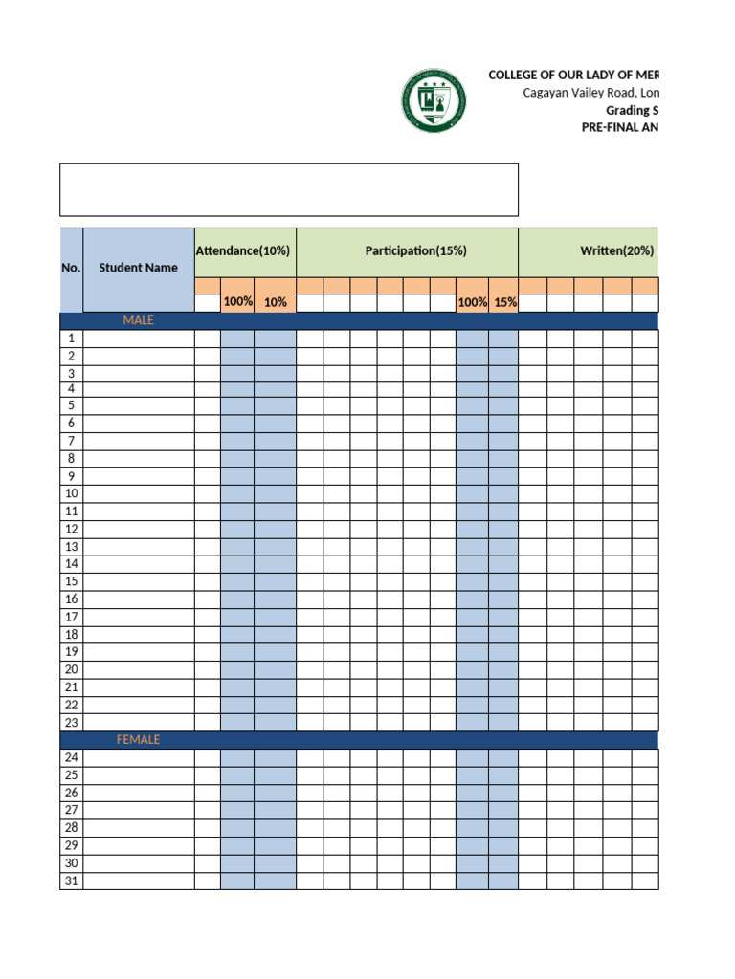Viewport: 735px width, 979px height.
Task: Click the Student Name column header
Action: (x=138, y=268)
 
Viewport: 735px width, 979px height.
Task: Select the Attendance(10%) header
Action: (x=243, y=250)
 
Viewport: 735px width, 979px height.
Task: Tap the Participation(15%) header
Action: (x=415, y=250)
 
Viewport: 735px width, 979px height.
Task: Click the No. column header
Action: (x=71, y=268)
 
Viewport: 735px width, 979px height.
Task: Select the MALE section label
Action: (x=138, y=320)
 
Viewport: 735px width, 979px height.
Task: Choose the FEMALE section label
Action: (x=138, y=740)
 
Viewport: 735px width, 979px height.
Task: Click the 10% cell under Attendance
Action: (x=276, y=302)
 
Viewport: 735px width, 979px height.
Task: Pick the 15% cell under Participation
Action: (x=504, y=302)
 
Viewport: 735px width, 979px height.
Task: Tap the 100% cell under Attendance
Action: (x=237, y=302)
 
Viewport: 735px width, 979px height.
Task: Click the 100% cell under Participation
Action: (x=472, y=302)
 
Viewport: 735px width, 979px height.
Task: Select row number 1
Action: (x=71, y=338)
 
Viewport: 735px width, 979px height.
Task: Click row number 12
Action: (x=71, y=530)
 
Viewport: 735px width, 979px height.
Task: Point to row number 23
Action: (x=71, y=723)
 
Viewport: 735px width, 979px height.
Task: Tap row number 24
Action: (x=71, y=758)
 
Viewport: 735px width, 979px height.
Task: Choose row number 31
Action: (x=71, y=881)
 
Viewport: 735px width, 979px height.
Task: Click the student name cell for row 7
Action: (x=138, y=442)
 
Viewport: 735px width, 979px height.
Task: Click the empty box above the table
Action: (x=288, y=189)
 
